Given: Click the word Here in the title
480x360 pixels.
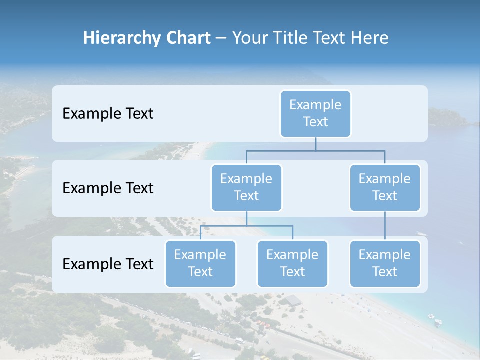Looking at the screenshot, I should coord(369,38).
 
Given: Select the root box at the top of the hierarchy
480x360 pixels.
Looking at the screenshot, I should coord(315,113).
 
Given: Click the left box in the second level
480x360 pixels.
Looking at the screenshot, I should coord(246,187).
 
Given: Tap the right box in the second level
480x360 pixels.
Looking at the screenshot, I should coord(385,187).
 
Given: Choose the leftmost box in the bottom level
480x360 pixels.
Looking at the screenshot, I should coord(200,263).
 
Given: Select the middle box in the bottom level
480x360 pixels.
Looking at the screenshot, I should coord(292,263).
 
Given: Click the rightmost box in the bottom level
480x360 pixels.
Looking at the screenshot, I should coord(385,263).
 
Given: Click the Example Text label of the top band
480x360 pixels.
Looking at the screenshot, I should coord(108,114).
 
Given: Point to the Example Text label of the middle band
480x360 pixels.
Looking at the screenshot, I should coord(108,188).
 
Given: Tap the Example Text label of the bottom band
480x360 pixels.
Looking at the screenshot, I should coord(108,264).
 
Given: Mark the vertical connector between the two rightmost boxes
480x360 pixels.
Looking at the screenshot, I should coord(385,226).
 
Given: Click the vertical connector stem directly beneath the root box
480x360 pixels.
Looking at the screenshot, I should coord(315,144).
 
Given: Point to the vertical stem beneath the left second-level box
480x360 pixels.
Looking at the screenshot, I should coord(246,218).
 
